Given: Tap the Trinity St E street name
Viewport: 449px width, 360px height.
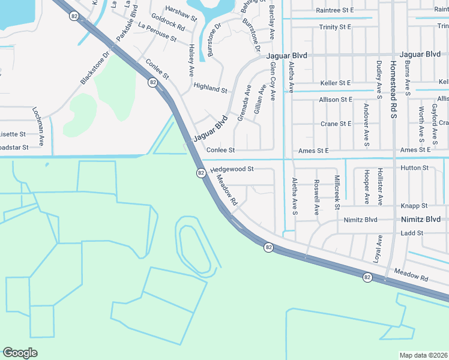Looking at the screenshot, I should pyautogui.click(x=335, y=27).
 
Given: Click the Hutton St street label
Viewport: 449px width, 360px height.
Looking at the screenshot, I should pyautogui.click(x=414, y=168).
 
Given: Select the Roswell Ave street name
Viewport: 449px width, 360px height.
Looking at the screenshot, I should pyautogui.click(x=316, y=198).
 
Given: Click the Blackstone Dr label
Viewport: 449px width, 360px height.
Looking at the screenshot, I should pyautogui.click(x=94, y=67).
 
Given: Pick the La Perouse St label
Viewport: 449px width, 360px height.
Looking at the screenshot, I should pyautogui.click(x=157, y=34).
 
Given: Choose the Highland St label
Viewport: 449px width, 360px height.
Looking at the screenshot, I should pyautogui.click(x=210, y=88).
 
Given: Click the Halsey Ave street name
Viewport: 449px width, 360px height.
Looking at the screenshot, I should pyautogui.click(x=191, y=59).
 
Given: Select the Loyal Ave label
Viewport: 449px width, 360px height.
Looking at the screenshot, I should pyautogui.click(x=379, y=250).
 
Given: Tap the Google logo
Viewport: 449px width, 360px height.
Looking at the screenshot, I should pyautogui.click(x=20, y=353).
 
